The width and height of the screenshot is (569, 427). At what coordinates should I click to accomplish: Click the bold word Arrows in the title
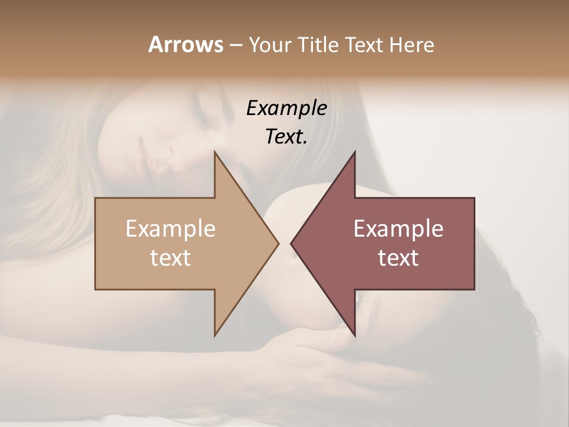186,44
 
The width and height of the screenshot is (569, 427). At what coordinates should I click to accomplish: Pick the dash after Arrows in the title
235,46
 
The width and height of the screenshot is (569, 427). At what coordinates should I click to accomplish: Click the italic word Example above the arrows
286,109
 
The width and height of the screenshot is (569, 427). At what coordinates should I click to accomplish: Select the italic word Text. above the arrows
286,136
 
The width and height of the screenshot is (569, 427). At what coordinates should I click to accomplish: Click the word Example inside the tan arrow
171,228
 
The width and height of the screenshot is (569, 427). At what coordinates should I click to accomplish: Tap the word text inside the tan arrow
171,257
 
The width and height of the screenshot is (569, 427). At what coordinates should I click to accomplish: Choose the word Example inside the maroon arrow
398,228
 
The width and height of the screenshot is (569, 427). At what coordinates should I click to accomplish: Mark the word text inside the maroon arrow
398,257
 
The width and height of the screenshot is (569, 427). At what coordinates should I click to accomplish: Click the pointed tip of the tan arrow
278,243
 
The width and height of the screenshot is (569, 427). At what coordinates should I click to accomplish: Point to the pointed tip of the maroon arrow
291,243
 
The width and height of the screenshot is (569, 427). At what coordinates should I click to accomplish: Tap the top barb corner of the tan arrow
215,152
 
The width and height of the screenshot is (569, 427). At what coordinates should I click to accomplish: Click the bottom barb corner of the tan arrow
215,335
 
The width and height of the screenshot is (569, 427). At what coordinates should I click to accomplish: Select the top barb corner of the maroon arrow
354,152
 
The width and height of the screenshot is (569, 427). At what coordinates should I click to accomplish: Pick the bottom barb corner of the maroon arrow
354,335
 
